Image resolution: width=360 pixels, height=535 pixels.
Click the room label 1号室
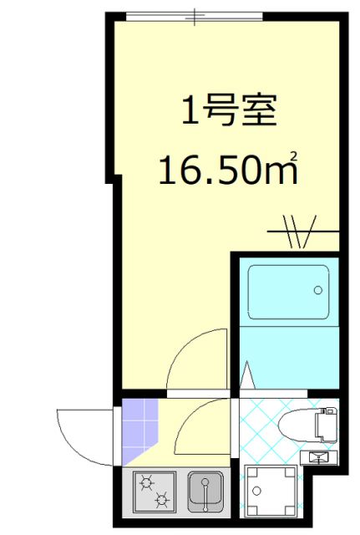pyautogui.click(x=228, y=110)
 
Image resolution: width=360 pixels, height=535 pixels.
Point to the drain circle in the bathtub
pyautogui.click(x=317, y=290)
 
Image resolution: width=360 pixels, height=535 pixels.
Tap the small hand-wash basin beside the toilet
pyautogui.click(x=322, y=456)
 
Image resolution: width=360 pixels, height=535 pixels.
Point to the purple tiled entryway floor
pyautogui.click(x=139, y=430)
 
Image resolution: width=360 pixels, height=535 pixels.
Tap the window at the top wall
pyautogui.click(x=193, y=17)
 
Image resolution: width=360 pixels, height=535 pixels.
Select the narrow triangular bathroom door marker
pyautogui.click(x=247, y=377)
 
